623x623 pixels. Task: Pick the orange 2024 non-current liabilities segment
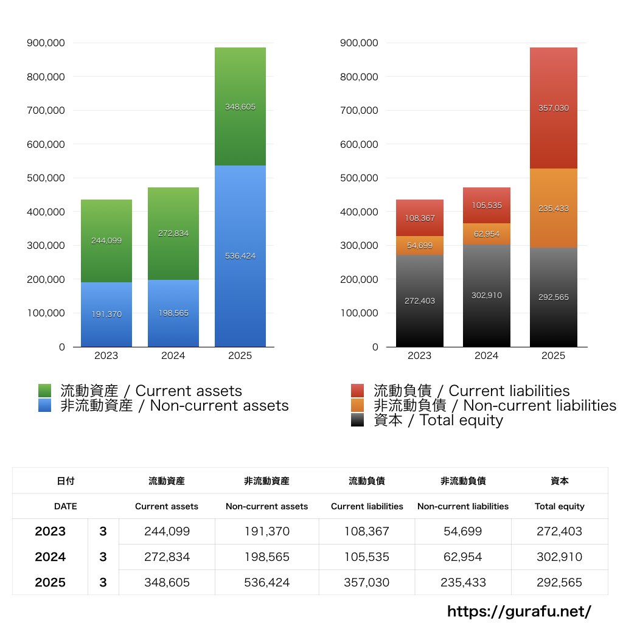point(486,234)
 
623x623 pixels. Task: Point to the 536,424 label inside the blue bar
point(240,256)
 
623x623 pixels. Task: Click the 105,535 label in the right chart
point(486,206)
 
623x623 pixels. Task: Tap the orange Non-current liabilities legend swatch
point(358,405)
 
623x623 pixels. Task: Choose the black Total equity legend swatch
point(358,420)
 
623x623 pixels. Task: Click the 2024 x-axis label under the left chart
point(173,356)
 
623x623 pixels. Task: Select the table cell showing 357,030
point(366,582)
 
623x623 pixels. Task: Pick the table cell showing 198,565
point(266,557)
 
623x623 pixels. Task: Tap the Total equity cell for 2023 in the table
point(559,531)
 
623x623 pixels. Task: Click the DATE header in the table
point(65,506)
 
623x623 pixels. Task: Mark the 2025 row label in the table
point(50,582)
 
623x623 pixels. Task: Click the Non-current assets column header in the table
point(266,506)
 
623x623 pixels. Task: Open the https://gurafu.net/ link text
point(519,611)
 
